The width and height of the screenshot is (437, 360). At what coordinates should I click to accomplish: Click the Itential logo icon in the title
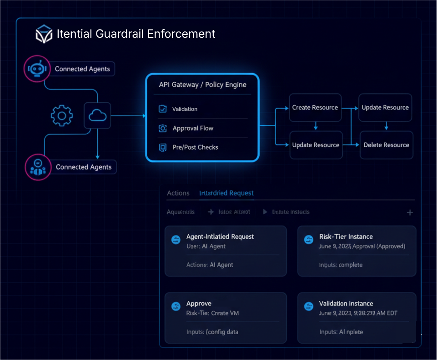(44, 35)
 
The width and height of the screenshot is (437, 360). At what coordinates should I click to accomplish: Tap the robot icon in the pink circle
(37, 69)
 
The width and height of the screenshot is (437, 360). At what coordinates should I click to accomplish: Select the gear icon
(61, 116)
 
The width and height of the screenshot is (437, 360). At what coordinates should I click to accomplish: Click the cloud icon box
(97, 116)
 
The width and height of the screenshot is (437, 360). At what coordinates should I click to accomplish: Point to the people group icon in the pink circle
(38, 167)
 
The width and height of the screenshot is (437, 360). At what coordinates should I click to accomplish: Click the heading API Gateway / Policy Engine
(202, 85)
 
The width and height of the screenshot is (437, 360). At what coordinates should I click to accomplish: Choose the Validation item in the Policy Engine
(185, 109)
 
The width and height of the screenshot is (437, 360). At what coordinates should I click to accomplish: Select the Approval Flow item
(193, 128)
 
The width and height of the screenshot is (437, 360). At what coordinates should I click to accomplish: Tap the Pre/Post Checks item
(195, 147)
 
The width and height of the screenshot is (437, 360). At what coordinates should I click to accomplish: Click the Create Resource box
(315, 108)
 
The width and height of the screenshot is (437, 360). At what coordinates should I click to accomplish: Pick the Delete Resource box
(386, 145)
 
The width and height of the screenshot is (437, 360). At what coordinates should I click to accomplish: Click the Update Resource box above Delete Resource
(385, 108)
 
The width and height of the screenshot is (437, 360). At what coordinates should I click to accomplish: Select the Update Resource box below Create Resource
(316, 145)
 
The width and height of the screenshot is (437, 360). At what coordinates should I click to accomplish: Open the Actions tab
(178, 193)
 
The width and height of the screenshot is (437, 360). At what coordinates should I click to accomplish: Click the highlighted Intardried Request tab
(226, 193)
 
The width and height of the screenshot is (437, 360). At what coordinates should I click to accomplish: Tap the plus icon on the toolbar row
(410, 212)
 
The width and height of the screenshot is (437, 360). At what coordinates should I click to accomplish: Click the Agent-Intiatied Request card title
(220, 237)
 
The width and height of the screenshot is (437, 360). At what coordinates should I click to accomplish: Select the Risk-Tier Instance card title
(346, 237)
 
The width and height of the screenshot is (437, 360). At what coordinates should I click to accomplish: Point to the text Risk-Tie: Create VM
(212, 313)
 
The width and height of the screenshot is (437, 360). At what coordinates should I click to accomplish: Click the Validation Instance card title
(346, 304)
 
